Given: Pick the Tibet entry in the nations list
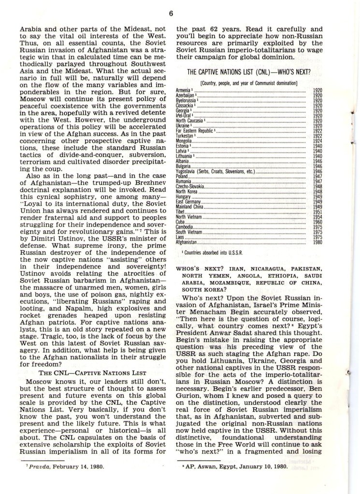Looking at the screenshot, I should tap(180, 212).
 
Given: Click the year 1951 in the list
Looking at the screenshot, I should tap(317, 212).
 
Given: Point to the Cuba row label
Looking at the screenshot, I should tap(181, 222).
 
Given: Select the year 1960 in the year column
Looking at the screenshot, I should tap(317, 222).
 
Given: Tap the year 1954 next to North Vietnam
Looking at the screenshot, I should tap(317, 217).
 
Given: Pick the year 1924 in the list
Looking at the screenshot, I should tap(317, 141).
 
